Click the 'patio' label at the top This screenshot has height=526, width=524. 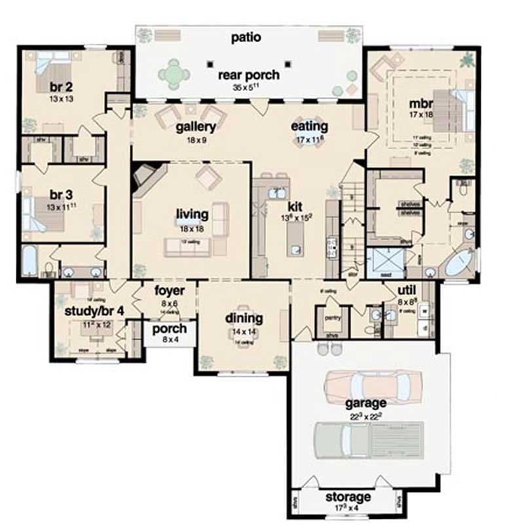point(246,37)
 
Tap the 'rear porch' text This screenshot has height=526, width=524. point(248,75)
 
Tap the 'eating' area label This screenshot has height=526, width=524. point(310,126)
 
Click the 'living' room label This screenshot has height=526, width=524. point(192,214)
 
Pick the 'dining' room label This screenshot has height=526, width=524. point(244,319)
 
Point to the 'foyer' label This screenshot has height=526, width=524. point(170,290)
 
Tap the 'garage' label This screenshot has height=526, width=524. point(367,403)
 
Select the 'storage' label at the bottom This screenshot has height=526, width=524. point(347,497)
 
